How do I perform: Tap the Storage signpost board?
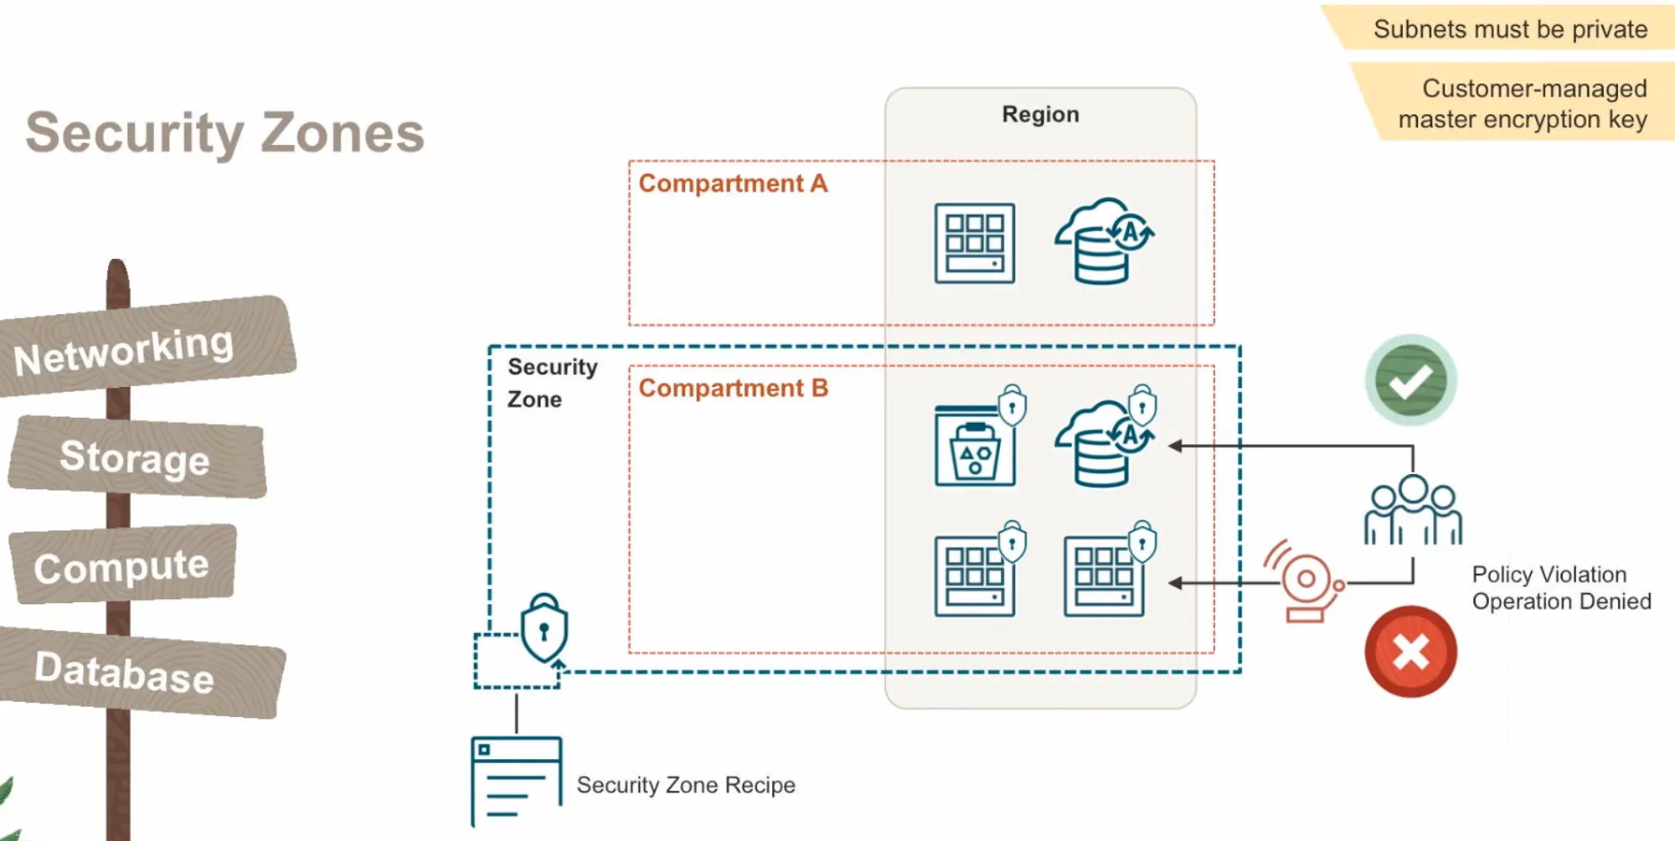click(x=137, y=457)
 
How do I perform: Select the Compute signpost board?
click(x=122, y=565)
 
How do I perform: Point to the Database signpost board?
click(x=138, y=671)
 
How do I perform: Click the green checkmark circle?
click(x=1411, y=380)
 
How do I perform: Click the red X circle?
click(x=1411, y=652)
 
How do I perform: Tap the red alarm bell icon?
click(x=1304, y=581)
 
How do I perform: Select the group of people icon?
click(x=1413, y=510)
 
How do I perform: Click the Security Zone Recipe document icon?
click(x=516, y=778)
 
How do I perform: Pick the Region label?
click(x=1040, y=114)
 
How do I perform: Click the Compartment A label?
click(x=733, y=183)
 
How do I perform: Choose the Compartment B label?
click(x=733, y=388)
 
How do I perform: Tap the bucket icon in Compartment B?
click(x=975, y=445)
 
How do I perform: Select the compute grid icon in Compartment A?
click(x=975, y=243)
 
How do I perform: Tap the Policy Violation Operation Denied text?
click(x=1561, y=588)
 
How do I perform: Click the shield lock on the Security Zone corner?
click(x=544, y=627)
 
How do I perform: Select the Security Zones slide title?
click(x=225, y=133)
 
